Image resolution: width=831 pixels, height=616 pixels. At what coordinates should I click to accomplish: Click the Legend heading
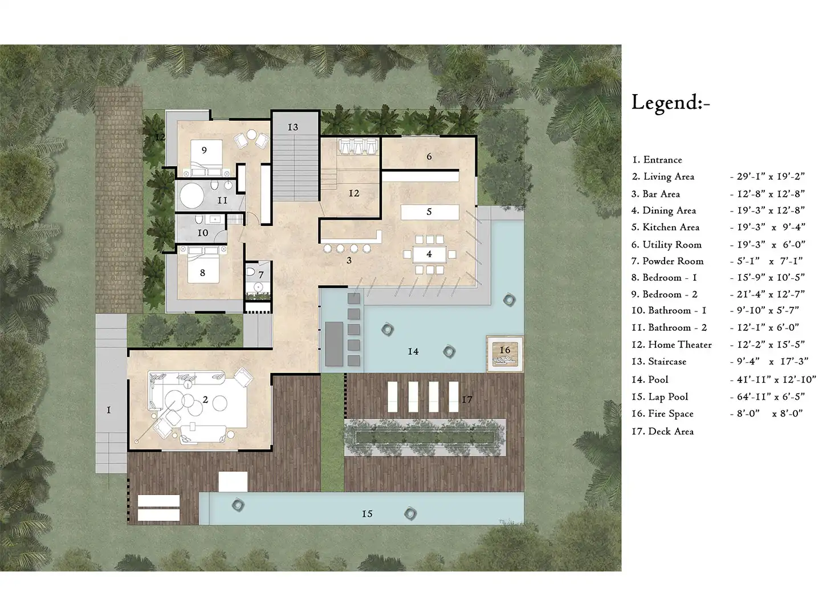coord(670,102)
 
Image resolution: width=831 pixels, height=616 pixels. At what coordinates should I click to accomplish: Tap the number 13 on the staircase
coord(293,127)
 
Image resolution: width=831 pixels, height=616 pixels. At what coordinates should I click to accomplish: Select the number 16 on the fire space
coord(504,350)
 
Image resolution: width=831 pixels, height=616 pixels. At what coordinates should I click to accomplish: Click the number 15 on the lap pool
coord(367,514)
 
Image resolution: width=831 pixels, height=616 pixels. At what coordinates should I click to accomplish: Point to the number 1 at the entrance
coord(109,410)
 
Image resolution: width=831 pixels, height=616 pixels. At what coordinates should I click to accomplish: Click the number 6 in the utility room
coord(429,156)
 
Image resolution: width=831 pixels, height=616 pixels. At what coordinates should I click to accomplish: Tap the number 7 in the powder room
coord(261,275)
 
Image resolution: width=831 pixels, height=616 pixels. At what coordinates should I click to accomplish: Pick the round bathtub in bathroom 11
coord(192,196)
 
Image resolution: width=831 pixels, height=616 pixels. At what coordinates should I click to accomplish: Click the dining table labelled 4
coord(429,254)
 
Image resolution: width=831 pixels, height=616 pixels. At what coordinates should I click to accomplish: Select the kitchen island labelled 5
coord(430,212)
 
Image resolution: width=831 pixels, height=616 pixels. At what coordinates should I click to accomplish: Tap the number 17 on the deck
coord(467,399)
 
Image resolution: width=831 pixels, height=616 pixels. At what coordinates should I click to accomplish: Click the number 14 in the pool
coord(413,351)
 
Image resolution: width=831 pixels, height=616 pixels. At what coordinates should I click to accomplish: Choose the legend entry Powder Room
coord(673,261)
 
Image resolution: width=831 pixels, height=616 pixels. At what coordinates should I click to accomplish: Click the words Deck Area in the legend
coord(671,431)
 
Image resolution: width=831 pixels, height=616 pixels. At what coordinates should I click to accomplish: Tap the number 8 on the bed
coord(203,273)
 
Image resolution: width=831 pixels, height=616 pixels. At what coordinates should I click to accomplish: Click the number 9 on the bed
coord(204,150)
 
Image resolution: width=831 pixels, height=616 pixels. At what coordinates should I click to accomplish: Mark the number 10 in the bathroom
coord(203,233)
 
